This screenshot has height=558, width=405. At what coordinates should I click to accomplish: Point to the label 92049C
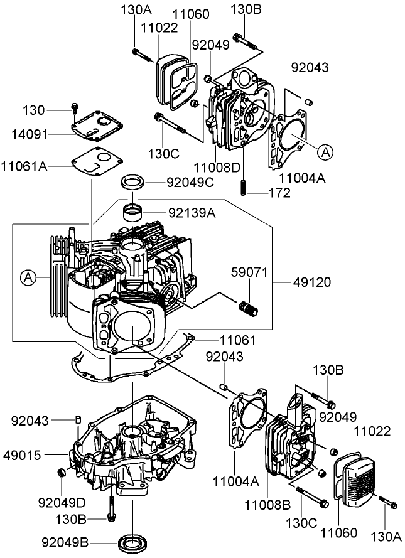[191, 183]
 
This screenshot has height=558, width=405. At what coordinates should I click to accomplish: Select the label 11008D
[217, 168]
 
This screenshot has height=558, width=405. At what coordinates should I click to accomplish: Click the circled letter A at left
[28, 276]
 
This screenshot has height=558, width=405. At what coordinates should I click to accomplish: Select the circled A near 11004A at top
[324, 151]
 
